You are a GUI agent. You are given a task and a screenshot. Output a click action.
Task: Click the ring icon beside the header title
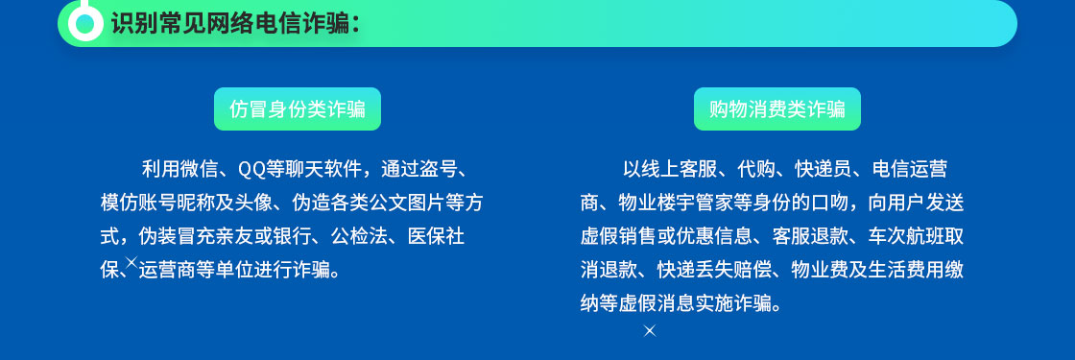pyautogui.click(x=85, y=24)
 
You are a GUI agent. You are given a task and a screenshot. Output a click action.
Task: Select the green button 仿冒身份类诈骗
pyautogui.click(x=297, y=109)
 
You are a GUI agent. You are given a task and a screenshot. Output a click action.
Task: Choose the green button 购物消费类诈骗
pyautogui.click(x=776, y=109)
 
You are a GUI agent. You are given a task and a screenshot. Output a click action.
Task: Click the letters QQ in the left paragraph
pyautogui.click(x=251, y=169)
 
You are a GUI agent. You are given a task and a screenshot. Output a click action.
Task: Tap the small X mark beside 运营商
pyautogui.click(x=131, y=261)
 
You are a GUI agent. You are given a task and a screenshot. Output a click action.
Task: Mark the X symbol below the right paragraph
pyautogui.click(x=650, y=330)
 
